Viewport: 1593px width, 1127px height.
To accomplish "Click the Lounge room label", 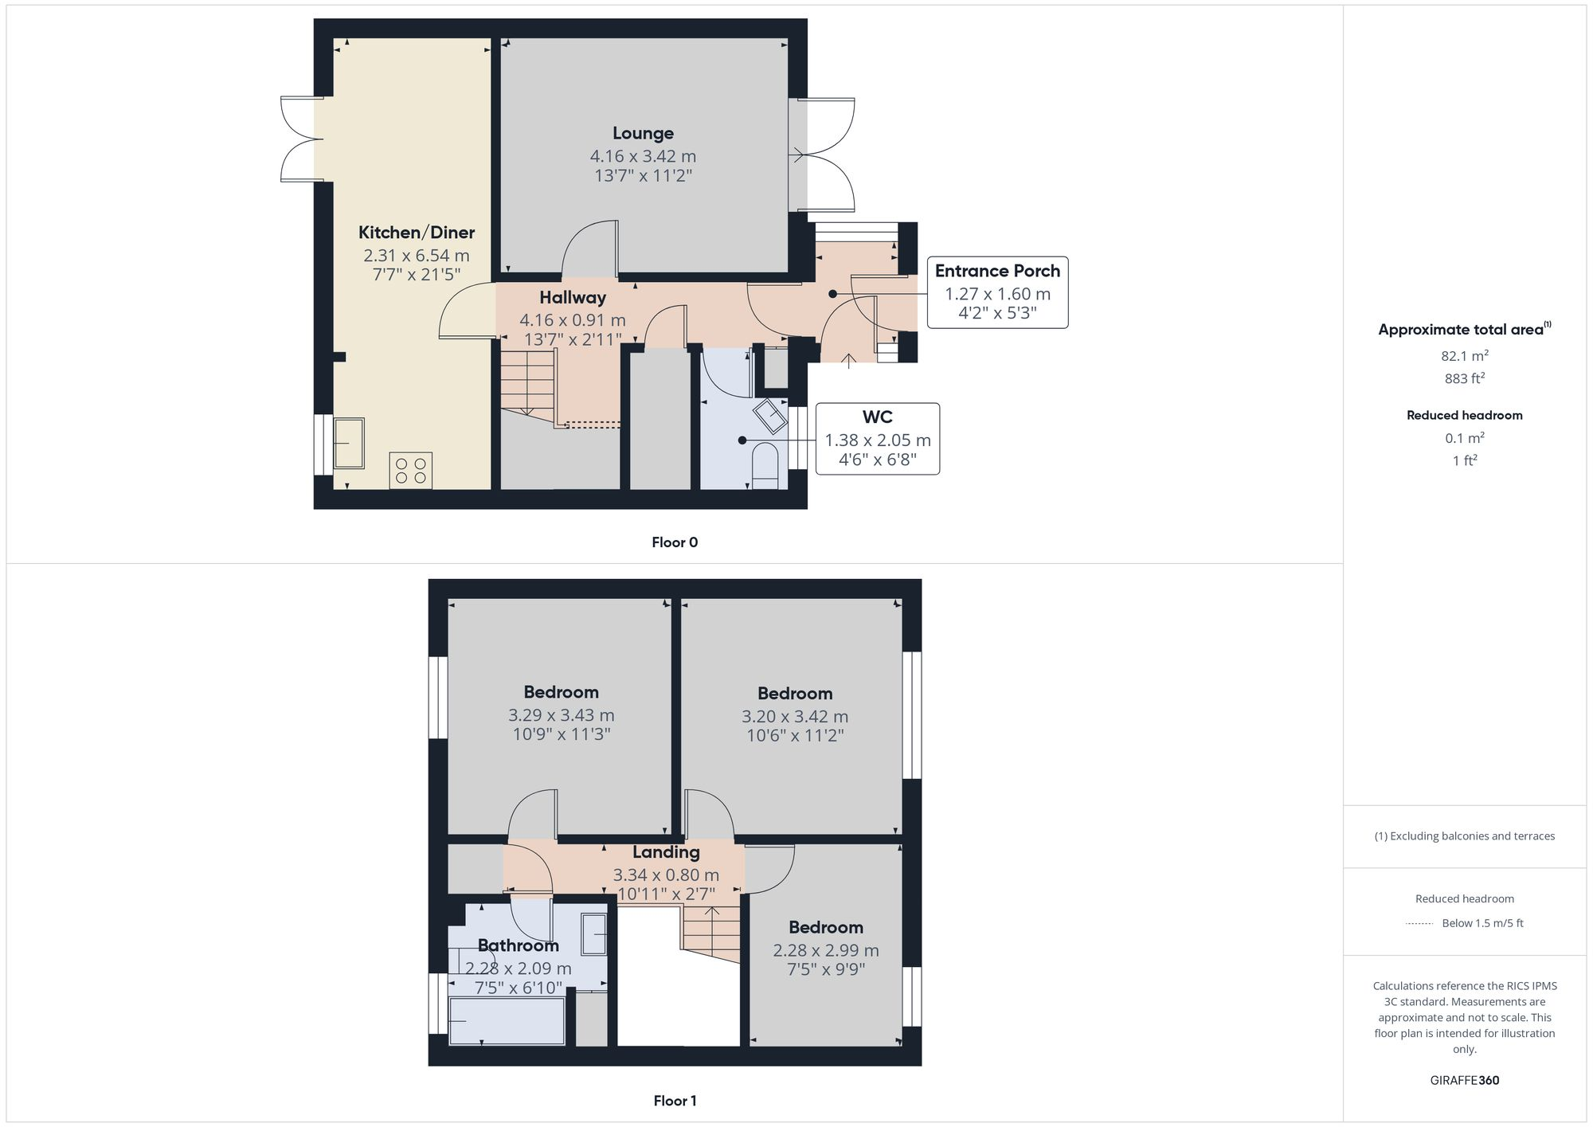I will pos(643,134).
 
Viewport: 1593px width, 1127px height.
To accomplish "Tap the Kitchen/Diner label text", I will pos(416,233).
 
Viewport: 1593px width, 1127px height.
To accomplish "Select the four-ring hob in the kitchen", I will pos(410,470).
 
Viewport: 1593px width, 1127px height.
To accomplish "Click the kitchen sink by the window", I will pos(349,443).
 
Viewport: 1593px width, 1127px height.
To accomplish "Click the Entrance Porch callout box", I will pos(997,292).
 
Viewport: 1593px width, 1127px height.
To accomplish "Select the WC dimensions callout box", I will pos(877,439).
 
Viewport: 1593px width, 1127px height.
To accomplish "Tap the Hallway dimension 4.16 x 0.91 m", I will pos(572,320).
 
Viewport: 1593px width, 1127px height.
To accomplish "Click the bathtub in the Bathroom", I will pos(507,1020).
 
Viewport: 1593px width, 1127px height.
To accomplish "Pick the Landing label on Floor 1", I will pos(666,852).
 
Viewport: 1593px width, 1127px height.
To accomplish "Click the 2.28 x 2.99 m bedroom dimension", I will pos(825,950).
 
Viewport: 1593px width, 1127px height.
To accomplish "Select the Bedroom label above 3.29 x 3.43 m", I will pos(561,692).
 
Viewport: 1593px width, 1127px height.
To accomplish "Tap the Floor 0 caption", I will pos(674,542).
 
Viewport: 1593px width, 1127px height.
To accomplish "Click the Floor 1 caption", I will pos(674,1101).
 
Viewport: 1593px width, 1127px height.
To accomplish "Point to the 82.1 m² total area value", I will pos(1464,356).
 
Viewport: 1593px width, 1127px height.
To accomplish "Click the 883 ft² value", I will pos(1464,378).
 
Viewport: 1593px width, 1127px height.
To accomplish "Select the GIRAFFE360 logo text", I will pos(1464,1080).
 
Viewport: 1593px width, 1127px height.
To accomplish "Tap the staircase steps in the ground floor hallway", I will pos(527,381).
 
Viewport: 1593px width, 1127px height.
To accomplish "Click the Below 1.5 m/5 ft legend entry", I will pos(1481,923).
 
